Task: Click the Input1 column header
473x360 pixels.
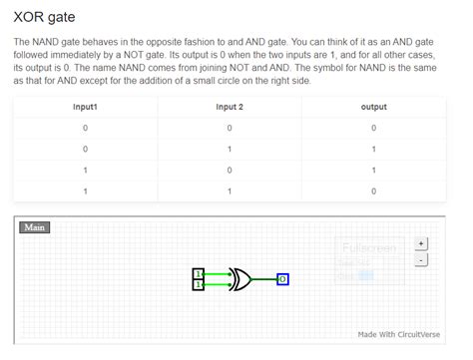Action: (86, 107)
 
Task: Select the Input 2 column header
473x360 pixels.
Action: (229, 107)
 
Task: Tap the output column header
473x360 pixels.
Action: (373, 107)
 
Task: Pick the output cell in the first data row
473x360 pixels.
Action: (373, 128)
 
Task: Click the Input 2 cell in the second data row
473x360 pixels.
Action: (229, 149)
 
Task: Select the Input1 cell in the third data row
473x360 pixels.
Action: (86, 170)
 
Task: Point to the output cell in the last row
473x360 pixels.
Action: (373, 190)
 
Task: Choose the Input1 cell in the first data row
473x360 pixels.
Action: (86, 128)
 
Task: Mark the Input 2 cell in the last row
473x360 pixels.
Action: (229, 190)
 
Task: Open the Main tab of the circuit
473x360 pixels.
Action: (35, 227)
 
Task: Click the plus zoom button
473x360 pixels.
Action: (421, 242)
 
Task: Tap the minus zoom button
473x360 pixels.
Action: (421, 259)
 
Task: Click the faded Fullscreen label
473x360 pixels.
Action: (368, 247)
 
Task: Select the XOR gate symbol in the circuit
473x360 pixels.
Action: (240, 279)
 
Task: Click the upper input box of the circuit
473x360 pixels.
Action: (199, 273)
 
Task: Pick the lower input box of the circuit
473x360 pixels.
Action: (199, 285)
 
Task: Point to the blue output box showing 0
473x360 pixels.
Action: (282, 279)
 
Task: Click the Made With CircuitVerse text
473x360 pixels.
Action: (401, 334)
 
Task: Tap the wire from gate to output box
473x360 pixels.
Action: (264, 279)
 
